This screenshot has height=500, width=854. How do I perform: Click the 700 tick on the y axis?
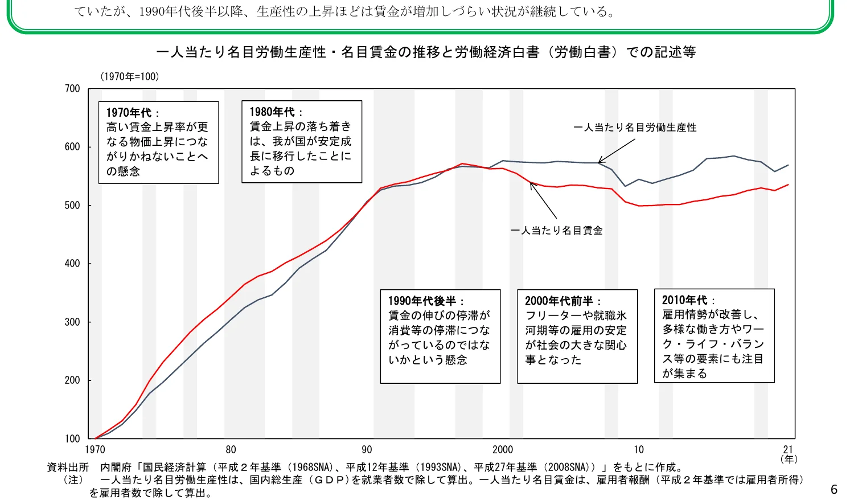click(x=72, y=88)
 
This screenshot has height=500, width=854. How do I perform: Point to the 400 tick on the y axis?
click(x=72, y=264)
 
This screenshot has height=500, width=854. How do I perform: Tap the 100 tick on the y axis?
click(x=72, y=438)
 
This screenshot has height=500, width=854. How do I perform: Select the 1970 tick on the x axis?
click(x=95, y=450)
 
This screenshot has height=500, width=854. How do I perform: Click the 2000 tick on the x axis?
click(x=503, y=450)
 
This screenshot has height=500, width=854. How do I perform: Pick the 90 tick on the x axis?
click(x=367, y=450)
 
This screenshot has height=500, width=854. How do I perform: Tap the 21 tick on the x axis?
click(x=788, y=450)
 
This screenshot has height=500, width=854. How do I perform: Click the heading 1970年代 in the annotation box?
click(x=129, y=113)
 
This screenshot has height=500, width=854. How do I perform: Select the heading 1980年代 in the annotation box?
click(x=273, y=112)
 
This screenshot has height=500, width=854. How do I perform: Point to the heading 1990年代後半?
click(x=422, y=301)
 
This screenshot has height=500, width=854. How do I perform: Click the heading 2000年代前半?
click(x=559, y=301)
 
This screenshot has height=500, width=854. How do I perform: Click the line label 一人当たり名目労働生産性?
click(x=635, y=128)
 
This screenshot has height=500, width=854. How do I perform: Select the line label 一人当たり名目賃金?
click(x=556, y=231)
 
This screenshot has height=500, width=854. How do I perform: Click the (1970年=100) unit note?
click(x=130, y=76)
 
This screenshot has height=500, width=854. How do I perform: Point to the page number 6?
click(x=834, y=490)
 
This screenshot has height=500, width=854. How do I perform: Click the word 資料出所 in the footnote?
click(x=68, y=468)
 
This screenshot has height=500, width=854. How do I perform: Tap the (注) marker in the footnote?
click(x=73, y=480)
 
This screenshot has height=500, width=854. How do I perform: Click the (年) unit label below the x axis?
click(x=789, y=459)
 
